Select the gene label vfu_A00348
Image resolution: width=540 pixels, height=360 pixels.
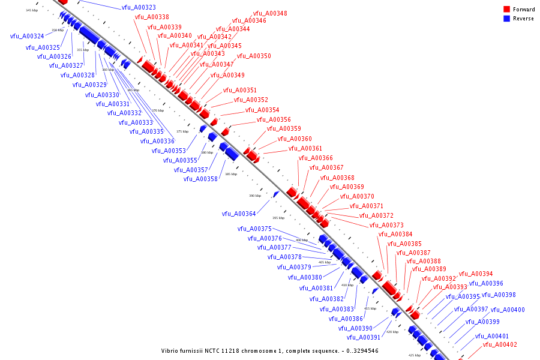[x=270, y=13]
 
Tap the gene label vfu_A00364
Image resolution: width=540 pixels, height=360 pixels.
[x=239, y=214]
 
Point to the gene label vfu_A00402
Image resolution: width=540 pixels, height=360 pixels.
[x=500, y=345]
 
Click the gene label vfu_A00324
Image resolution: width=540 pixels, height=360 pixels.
[x=27, y=37]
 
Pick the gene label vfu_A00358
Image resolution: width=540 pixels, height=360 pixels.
[x=200, y=179]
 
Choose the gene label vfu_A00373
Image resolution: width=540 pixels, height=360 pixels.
[x=386, y=226]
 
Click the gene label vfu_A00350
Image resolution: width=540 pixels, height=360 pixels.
[x=254, y=56]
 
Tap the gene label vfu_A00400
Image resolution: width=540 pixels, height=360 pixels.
[x=508, y=310]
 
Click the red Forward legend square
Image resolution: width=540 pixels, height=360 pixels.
[x=506, y=9]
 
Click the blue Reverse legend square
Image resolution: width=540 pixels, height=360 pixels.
[x=506, y=19]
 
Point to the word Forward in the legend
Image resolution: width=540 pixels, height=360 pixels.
[x=524, y=10]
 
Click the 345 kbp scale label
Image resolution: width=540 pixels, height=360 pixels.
[x=31, y=10]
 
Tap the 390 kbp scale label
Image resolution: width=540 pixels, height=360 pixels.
[x=255, y=196]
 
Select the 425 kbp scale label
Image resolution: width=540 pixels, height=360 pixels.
[x=415, y=355]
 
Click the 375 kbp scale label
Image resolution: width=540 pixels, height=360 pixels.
[x=182, y=131]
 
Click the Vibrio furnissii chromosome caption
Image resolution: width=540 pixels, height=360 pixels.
[x=269, y=351]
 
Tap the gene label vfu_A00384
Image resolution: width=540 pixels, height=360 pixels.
[x=395, y=235]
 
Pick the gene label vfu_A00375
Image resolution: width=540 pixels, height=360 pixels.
[x=254, y=229]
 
